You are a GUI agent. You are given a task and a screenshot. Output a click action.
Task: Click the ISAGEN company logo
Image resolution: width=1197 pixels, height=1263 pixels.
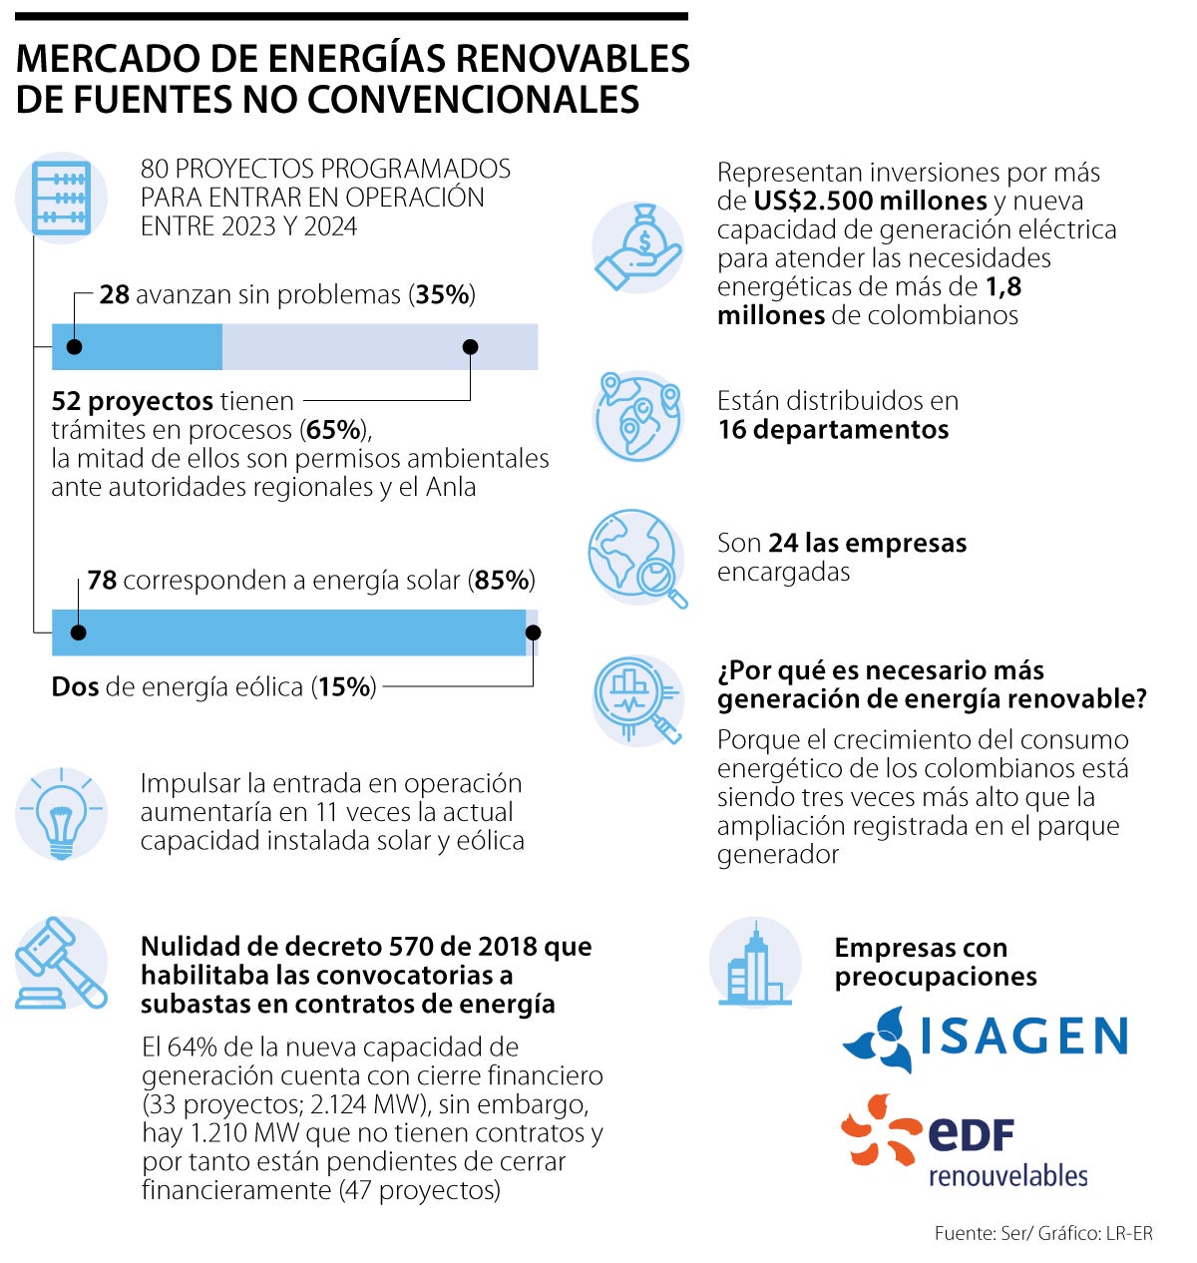986,1039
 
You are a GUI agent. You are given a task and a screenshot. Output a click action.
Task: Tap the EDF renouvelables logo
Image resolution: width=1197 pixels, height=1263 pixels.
964,1142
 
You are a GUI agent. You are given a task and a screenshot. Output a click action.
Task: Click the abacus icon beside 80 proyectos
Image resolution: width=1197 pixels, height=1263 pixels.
62,199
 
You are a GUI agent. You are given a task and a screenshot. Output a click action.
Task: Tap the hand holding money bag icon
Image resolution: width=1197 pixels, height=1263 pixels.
638,247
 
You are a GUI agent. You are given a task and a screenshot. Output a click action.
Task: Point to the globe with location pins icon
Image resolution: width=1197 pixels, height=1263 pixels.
638,416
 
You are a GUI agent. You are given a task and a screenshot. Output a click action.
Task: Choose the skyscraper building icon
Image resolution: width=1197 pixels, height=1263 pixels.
755,964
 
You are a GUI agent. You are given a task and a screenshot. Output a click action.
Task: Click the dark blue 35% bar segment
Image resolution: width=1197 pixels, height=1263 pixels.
137,347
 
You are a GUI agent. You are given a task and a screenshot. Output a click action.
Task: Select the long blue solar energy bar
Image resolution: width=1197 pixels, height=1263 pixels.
289,632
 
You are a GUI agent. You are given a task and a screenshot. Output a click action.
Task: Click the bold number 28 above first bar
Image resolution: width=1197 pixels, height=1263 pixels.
114,295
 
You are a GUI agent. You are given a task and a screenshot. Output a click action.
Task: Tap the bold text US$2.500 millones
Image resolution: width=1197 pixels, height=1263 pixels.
870,202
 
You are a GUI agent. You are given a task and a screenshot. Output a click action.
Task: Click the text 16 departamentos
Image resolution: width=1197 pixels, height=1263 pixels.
833,430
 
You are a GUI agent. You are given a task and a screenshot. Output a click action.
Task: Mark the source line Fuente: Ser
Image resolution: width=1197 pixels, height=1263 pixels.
1043,1234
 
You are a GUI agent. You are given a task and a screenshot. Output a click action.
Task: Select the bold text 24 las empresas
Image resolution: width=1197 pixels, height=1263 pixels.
867,544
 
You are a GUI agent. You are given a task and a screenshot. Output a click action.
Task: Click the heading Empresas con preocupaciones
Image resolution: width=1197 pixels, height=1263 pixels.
935,962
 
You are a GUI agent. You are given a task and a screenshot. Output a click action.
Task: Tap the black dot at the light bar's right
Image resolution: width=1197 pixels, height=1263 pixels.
471,347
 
